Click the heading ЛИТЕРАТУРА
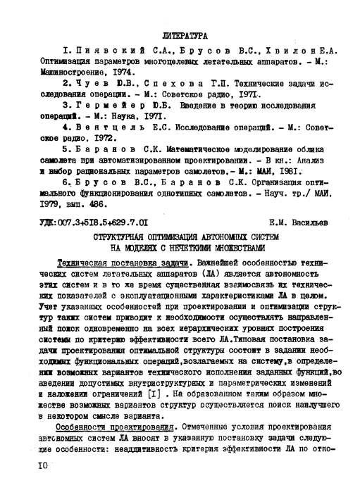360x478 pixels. click(182, 34)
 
